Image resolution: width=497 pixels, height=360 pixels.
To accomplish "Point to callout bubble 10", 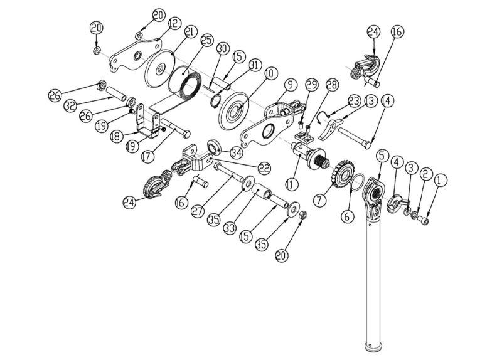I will (269, 74).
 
